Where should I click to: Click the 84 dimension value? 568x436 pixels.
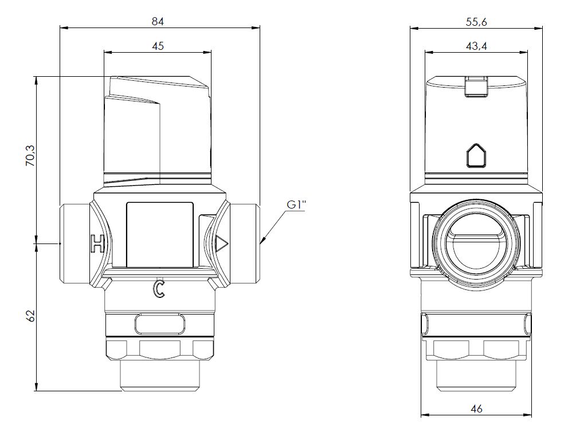[158, 22]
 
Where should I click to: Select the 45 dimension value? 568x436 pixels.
[158, 46]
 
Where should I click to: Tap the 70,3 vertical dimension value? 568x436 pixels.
[31, 156]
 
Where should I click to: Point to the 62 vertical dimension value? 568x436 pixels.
[31, 316]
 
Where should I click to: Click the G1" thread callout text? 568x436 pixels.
[296, 205]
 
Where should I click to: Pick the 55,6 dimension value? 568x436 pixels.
[476, 22]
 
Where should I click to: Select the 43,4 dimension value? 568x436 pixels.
[476, 46]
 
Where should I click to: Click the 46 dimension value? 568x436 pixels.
[477, 409]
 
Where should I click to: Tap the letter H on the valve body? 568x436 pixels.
[97, 243]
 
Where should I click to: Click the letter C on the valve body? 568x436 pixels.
[159, 288]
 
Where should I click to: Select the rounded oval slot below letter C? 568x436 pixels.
[159, 324]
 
